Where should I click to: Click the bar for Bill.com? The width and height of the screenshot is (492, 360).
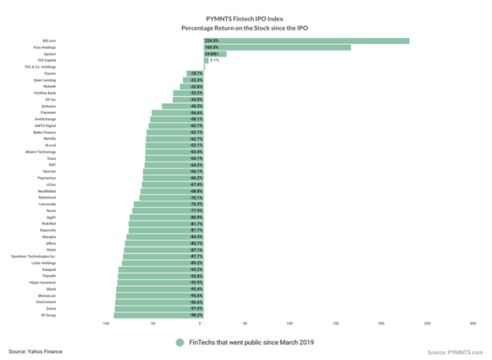coord(306,40)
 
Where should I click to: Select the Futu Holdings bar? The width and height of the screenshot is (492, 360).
coord(277,47)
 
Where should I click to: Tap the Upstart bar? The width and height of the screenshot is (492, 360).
coord(214,54)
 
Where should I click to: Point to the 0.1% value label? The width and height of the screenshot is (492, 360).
coord(214,60)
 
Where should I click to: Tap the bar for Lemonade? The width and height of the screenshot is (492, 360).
coord(169,204)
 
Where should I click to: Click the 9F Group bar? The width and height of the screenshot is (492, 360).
coord(158,315)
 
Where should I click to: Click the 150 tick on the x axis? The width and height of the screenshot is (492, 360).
coord(336,324)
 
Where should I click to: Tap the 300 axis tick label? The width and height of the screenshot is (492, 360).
coord(472,324)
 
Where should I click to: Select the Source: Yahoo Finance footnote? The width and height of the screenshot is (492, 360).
coord(35,351)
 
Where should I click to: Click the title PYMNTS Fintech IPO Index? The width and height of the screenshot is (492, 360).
coord(246,16)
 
